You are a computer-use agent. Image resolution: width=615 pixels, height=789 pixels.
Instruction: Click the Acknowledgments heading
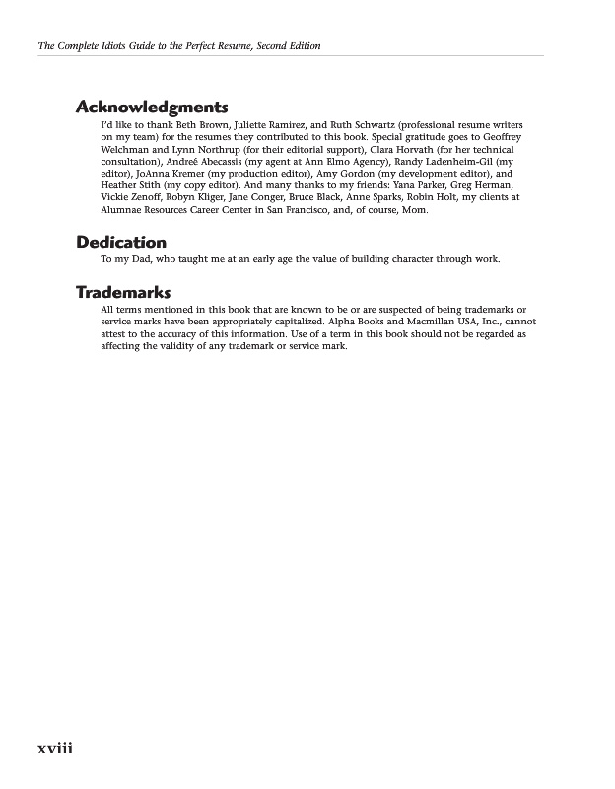pos(152,108)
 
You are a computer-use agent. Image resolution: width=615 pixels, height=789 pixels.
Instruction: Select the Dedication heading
pos(121,242)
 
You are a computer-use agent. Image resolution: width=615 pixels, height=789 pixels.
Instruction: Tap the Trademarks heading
pos(123,292)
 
